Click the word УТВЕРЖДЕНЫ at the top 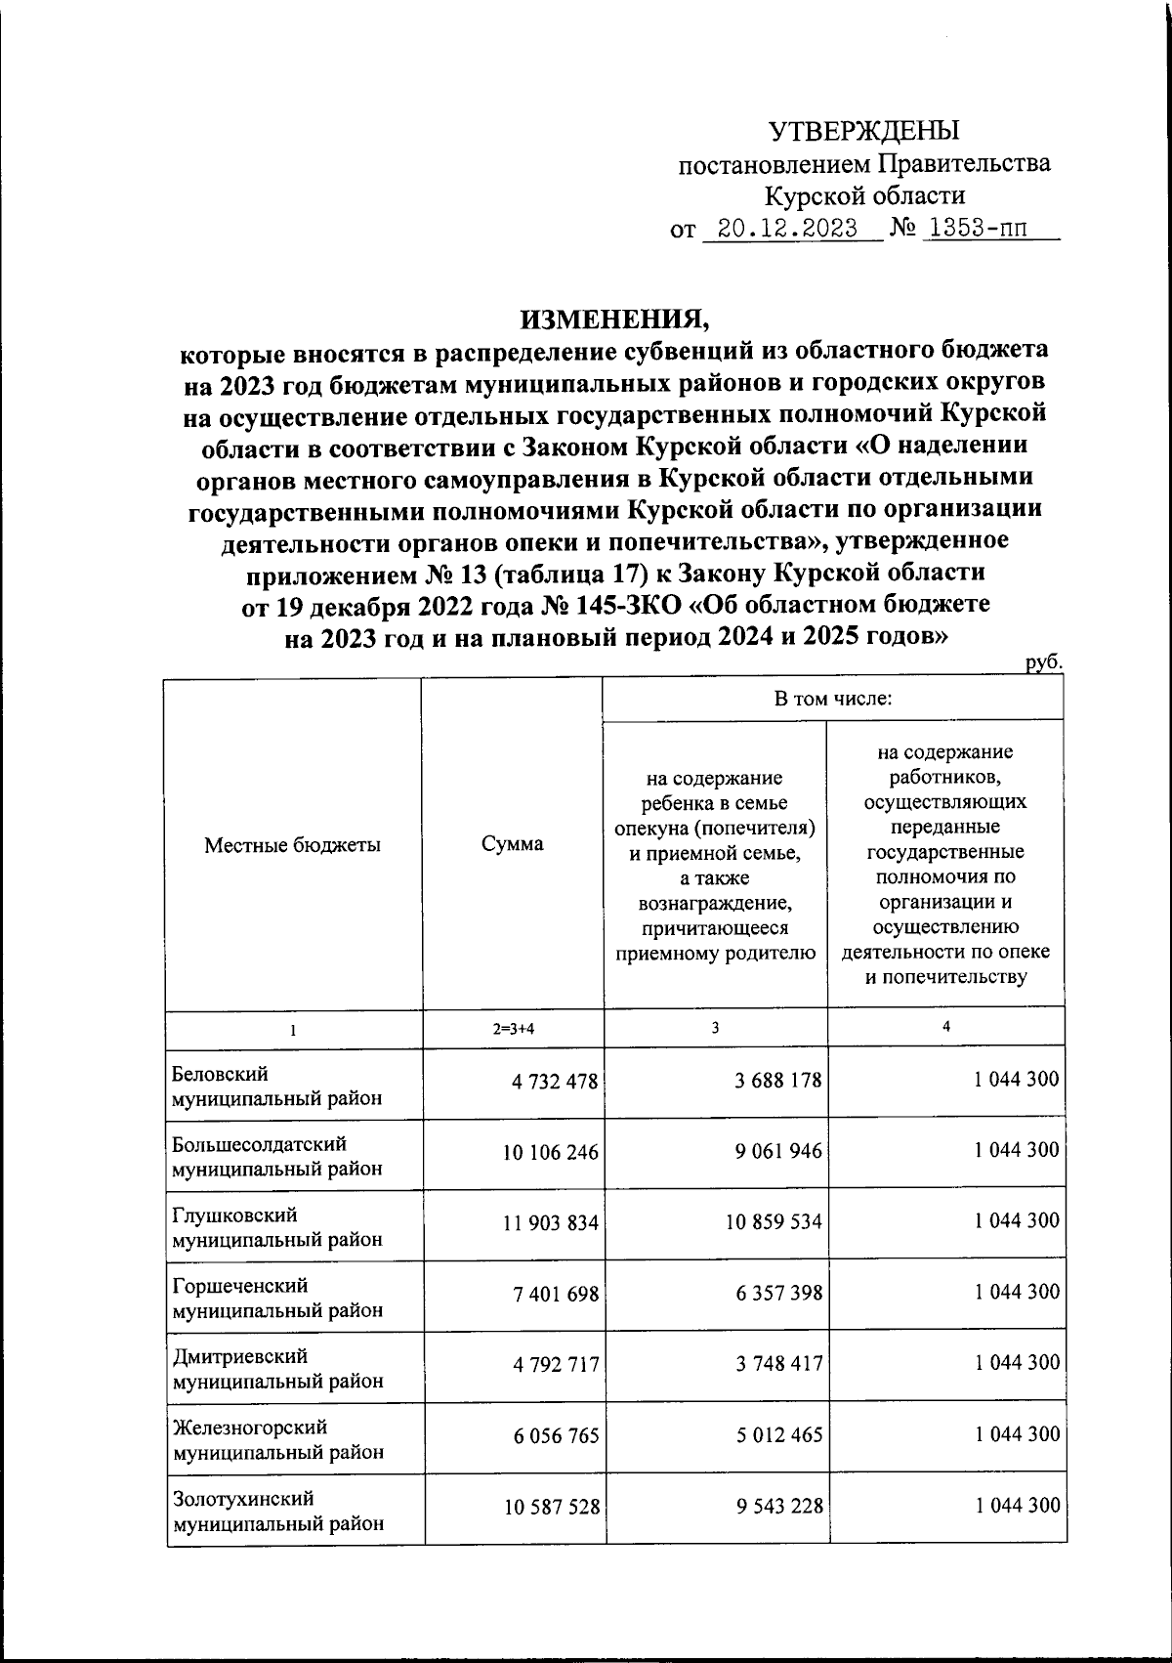[x=863, y=131]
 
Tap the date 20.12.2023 [x=787, y=230]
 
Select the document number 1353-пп [x=978, y=230]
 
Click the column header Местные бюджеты [x=292, y=845]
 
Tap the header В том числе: [x=833, y=699]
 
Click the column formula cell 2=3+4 [x=514, y=1029]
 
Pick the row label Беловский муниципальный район [x=276, y=1086]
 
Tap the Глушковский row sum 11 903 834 [x=550, y=1222]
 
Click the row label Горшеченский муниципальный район [x=276, y=1298]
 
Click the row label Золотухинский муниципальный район [x=276, y=1511]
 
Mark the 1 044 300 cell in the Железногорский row [x=1016, y=1434]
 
